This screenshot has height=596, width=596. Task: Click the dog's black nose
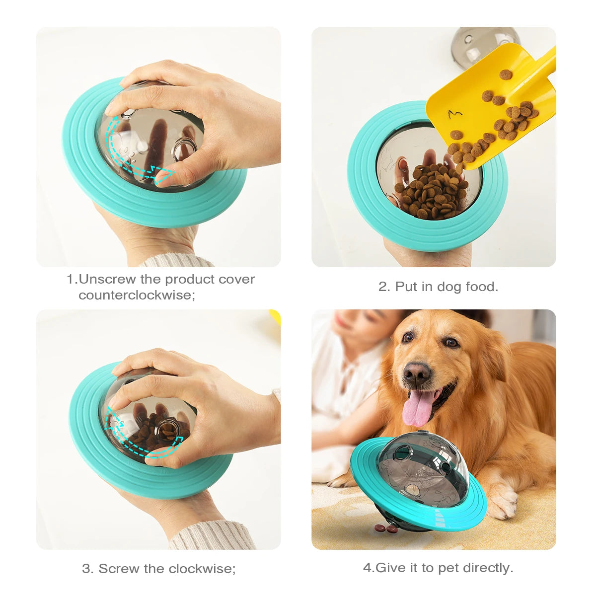click(x=417, y=372)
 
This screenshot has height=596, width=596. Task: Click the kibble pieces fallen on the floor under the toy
click(x=386, y=528)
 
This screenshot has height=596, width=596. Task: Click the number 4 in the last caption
click(x=367, y=567)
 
